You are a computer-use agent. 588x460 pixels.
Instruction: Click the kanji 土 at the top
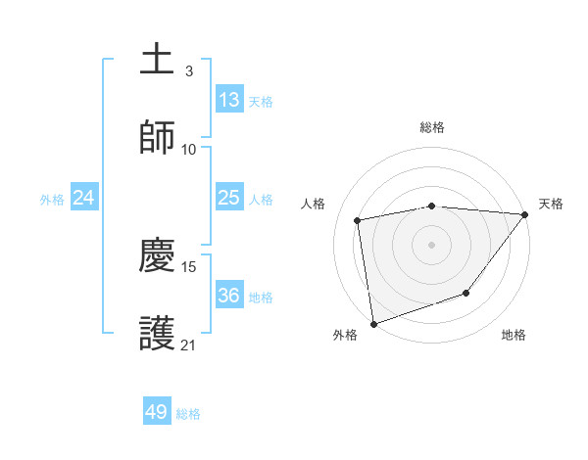(157, 59)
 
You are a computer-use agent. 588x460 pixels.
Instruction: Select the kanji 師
(157, 138)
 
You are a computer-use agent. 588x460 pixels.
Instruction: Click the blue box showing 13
(228, 100)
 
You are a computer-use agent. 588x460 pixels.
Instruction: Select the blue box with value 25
(228, 199)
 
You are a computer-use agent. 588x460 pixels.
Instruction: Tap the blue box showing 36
(228, 296)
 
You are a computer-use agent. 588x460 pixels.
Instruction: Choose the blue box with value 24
(84, 199)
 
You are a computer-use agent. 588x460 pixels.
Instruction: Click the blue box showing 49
(157, 413)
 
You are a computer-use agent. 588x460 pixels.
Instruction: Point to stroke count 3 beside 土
(189, 71)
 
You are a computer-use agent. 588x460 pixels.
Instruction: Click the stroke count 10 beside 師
(189, 150)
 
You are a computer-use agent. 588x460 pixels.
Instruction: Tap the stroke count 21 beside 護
(189, 345)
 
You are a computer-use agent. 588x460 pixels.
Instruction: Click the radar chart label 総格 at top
(431, 127)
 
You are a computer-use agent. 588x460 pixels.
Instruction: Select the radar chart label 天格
(551, 204)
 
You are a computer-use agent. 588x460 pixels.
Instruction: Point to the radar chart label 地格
(514, 335)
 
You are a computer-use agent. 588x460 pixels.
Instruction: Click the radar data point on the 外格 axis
(373, 323)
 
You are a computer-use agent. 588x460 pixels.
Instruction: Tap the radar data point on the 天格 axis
(524, 214)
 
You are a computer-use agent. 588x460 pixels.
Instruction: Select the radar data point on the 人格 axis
(358, 220)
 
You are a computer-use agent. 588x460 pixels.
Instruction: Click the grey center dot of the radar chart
(431, 244)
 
